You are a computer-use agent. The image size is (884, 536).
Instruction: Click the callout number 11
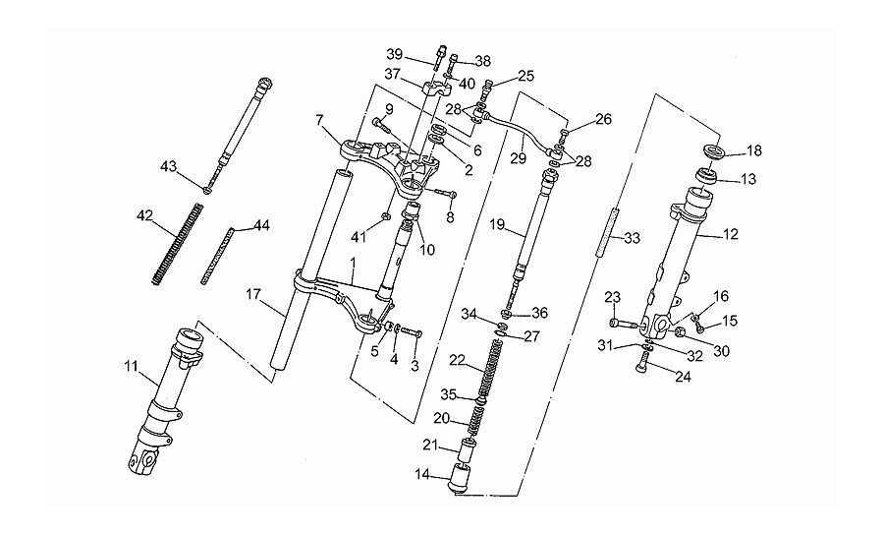point(131,366)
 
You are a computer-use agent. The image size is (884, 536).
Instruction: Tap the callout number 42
point(145,215)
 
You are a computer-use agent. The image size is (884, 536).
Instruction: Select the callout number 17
point(253,294)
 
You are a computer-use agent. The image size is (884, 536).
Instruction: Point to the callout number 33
point(633,238)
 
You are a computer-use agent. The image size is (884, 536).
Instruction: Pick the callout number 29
point(518,158)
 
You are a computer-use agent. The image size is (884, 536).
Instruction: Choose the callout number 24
point(683,377)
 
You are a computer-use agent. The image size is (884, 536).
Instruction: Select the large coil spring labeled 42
point(177,243)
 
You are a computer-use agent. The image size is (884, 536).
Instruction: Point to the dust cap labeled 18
point(715,151)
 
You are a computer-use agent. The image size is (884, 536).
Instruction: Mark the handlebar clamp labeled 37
point(436,89)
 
